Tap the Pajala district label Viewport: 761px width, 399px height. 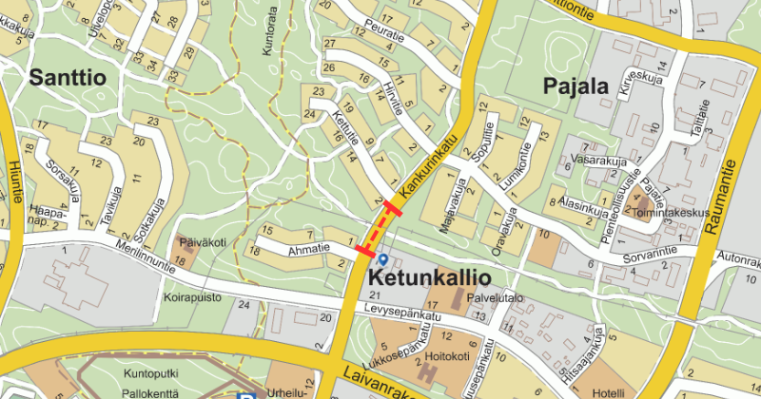(575, 86)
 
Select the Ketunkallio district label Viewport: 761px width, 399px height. (428, 279)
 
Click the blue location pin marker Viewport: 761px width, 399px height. (382, 259)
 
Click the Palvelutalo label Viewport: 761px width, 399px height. (495, 297)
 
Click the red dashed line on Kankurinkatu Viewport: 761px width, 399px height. (378, 232)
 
